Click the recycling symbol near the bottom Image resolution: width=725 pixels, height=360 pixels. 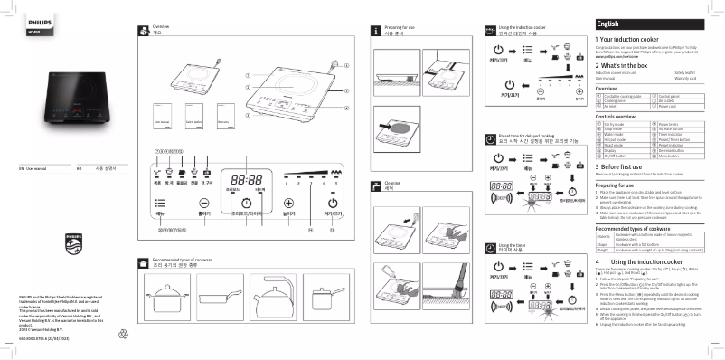click(124, 334)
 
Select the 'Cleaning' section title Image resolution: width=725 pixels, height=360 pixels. click(391, 185)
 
